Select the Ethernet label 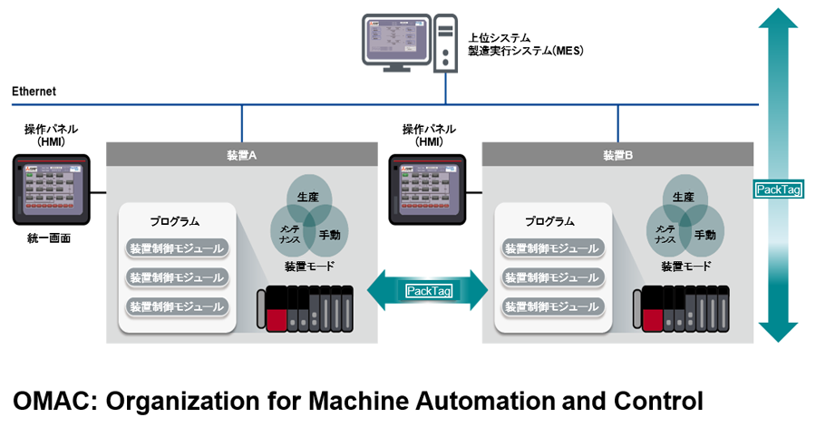(34, 92)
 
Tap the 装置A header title (241, 155)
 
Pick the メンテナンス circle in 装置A (291, 234)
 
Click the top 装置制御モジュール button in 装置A (177, 248)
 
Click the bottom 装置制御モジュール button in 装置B (552, 306)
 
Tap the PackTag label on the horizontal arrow (430, 290)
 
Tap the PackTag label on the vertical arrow (778, 189)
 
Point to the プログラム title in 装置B (549, 221)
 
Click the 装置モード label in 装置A (309, 267)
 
